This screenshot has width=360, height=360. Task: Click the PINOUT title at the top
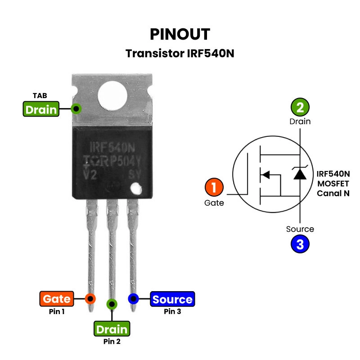pyautogui.click(x=180, y=34)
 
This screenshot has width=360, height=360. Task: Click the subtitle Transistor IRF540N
pyautogui.click(x=180, y=54)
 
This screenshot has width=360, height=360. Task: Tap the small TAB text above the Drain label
pyautogui.click(x=40, y=96)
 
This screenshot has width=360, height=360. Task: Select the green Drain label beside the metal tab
pyautogui.click(x=41, y=109)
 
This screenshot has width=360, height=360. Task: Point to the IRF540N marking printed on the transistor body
pyautogui.click(x=113, y=147)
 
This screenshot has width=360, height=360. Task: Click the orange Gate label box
pyautogui.click(x=57, y=299)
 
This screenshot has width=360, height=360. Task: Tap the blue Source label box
pyautogui.click(x=172, y=299)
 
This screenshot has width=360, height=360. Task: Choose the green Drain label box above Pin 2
pyautogui.click(x=112, y=329)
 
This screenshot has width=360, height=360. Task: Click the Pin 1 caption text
pyautogui.click(x=57, y=311)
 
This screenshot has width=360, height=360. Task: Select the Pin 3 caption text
pyautogui.click(x=172, y=311)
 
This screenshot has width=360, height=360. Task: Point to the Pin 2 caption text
pyautogui.click(x=112, y=342)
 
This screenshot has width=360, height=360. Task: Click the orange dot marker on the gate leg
pyautogui.click(x=90, y=298)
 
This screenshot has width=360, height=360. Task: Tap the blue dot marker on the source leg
pyautogui.click(x=133, y=299)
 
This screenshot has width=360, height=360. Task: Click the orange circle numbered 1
pyautogui.click(x=214, y=188)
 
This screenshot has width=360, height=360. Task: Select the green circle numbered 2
pyautogui.click(x=300, y=107)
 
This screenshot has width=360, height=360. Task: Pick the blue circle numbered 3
pyautogui.click(x=300, y=244)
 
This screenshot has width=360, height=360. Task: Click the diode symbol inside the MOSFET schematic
pyautogui.click(x=300, y=174)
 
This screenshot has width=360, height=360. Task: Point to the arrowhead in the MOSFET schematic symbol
pyautogui.click(x=266, y=175)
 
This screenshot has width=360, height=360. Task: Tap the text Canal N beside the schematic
pyautogui.click(x=333, y=193)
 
